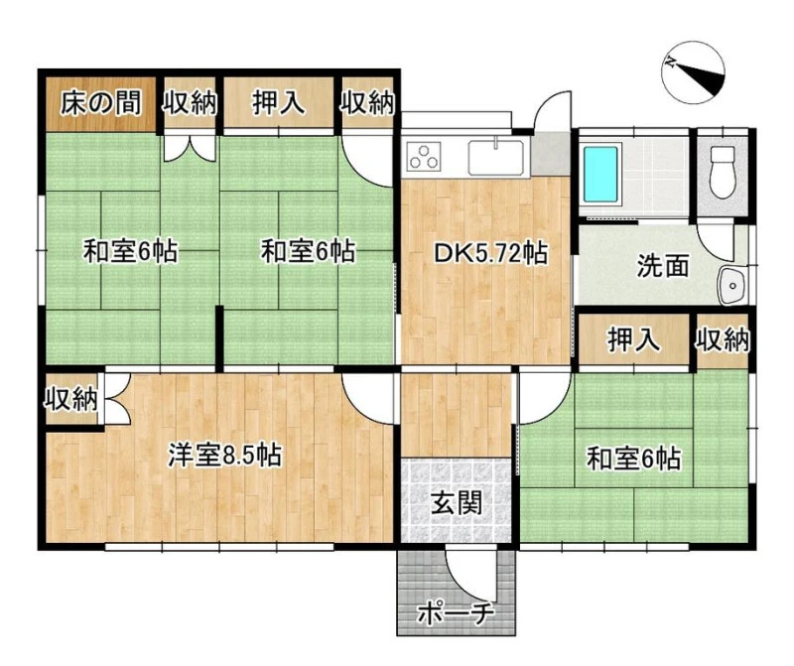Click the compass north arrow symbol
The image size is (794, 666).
[x=693, y=70]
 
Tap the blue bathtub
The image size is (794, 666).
[x=601, y=175]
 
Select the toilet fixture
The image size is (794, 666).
[x=723, y=173]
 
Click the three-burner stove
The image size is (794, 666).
[x=424, y=155]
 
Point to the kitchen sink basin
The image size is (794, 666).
[x=495, y=157]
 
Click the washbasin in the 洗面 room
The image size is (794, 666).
[x=731, y=286]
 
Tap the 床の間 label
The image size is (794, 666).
[x=101, y=103]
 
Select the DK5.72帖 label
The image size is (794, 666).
[x=490, y=253]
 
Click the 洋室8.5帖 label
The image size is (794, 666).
[x=225, y=455]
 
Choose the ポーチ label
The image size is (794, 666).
[x=455, y=613]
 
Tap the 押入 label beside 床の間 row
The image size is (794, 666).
[x=279, y=103]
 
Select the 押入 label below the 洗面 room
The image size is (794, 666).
[x=634, y=338]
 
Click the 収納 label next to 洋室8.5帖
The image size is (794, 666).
[x=70, y=399]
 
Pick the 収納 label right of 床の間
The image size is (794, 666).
[x=190, y=103]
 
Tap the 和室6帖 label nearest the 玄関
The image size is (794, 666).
[x=633, y=459]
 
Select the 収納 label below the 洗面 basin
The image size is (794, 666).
[x=723, y=339]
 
